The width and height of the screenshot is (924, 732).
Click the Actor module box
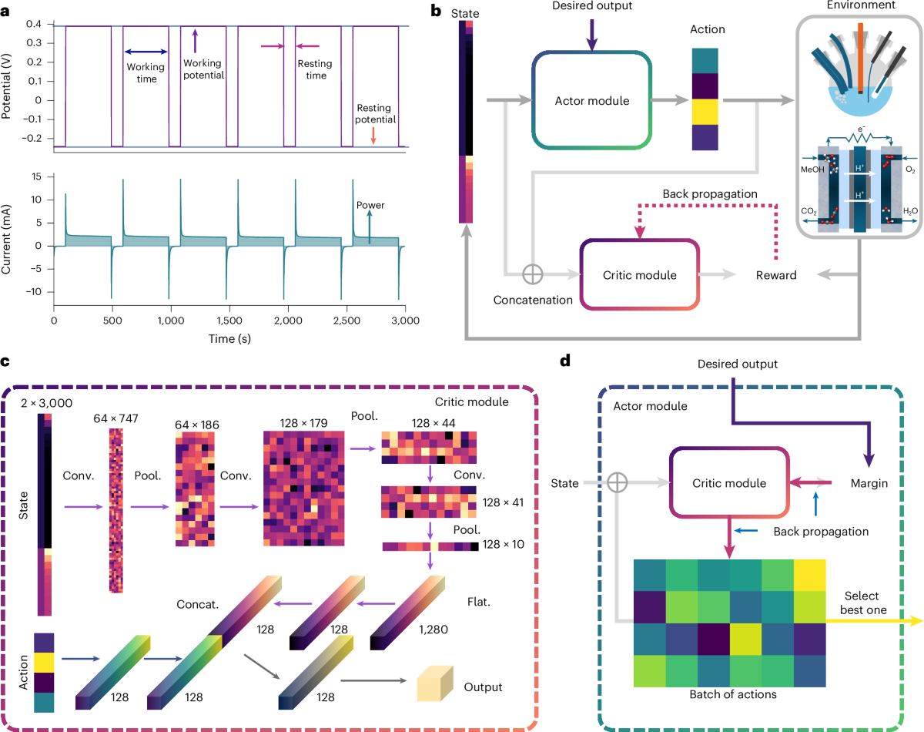(x=592, y=101)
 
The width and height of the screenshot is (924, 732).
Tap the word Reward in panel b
(x=775, y=275)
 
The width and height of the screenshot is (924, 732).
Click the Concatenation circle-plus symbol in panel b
(x=531, y=274)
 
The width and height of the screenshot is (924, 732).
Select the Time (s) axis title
(x=229, y=337)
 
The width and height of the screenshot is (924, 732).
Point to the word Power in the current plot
(x=369, y=205)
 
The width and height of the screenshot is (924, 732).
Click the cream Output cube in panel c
(x=432, y=686)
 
